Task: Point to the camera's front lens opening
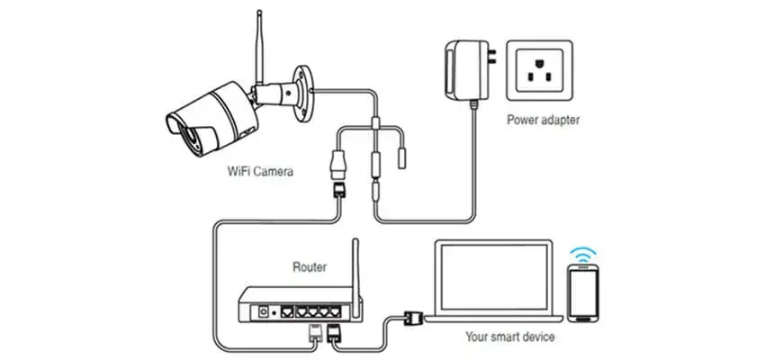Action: pos(179,122)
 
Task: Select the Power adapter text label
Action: pos(543,119)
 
